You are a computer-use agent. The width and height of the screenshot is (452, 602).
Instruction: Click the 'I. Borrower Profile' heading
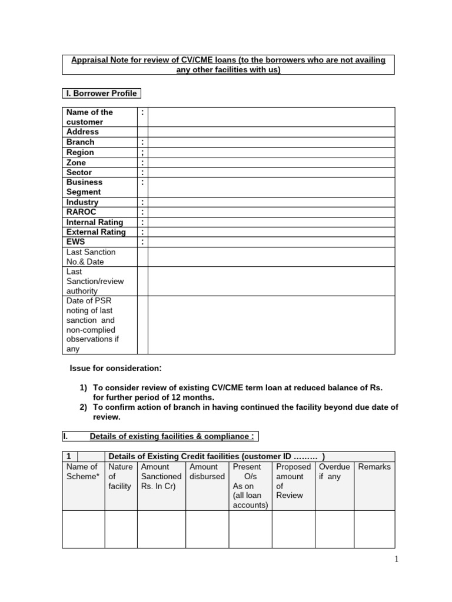101,93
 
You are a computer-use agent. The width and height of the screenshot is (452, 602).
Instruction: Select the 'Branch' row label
80,142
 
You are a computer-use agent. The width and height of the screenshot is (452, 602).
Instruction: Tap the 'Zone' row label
76,162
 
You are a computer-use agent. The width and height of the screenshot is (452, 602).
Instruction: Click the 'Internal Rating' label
95,222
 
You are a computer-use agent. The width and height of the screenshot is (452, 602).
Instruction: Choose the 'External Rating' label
96,232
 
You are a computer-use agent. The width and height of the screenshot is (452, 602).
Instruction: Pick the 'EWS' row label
75,242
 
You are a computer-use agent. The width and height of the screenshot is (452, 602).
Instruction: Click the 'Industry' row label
82,202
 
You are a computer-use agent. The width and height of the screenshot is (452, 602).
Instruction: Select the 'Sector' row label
79,172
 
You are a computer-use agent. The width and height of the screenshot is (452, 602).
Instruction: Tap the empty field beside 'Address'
271,132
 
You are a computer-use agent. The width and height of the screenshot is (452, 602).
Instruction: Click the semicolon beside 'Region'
142,152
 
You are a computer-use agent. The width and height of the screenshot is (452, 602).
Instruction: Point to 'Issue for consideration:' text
115,368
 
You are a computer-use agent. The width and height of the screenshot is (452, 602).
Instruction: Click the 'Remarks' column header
374,467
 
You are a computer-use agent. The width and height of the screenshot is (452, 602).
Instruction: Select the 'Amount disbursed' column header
207,471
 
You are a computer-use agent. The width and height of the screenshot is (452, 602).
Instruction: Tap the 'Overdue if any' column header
334,471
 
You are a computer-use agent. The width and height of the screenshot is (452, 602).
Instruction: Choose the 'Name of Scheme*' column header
82,471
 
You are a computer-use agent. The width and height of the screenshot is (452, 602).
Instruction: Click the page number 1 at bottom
397,560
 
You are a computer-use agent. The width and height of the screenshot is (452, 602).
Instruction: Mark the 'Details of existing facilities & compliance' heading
171,436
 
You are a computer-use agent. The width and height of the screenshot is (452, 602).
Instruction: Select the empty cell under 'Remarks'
374,529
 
